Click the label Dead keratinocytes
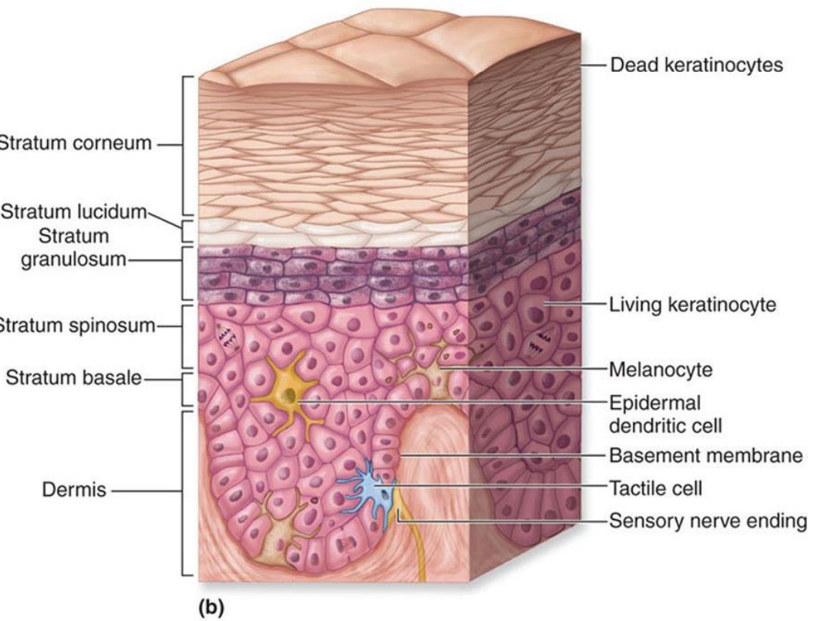point(696,65)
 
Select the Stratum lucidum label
point(74,213)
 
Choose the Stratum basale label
point(75,378)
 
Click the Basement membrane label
point(705,455)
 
